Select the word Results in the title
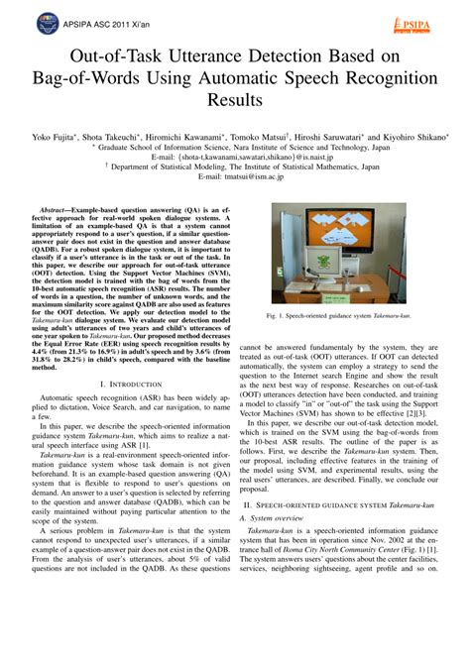[234, 101]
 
